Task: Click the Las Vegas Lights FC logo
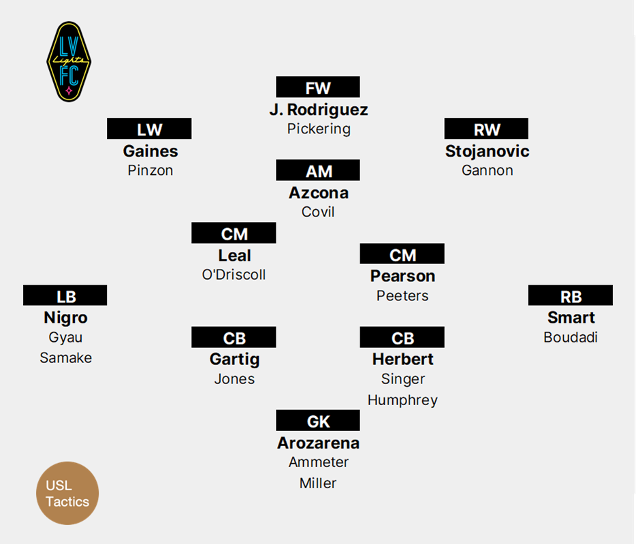[x=68, y=62]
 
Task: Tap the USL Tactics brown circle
[x=67, y=493]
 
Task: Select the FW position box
[x=318, y=88]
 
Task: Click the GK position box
[x=318, y=421]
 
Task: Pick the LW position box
[x=149, y=129]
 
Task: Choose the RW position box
[x=486, y=129]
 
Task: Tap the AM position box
[x=318, y=171]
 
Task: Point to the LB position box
[x=65, y=296]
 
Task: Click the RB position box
[x=571, y=296]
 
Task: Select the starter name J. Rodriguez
[x=318, y=109]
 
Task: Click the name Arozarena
[x=318, y=443]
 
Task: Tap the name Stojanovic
[x=487, y=150]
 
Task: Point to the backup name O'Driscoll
[x=234, y=275]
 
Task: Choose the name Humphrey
[x=402, y=400]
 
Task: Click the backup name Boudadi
[x=571, y=337]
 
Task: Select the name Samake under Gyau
[x=65, y=357]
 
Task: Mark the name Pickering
[x=318, y=129]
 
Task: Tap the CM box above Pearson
[x=402, y=255]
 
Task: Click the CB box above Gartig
[x=234, y=338]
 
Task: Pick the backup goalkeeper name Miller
[x=318, y=483]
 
